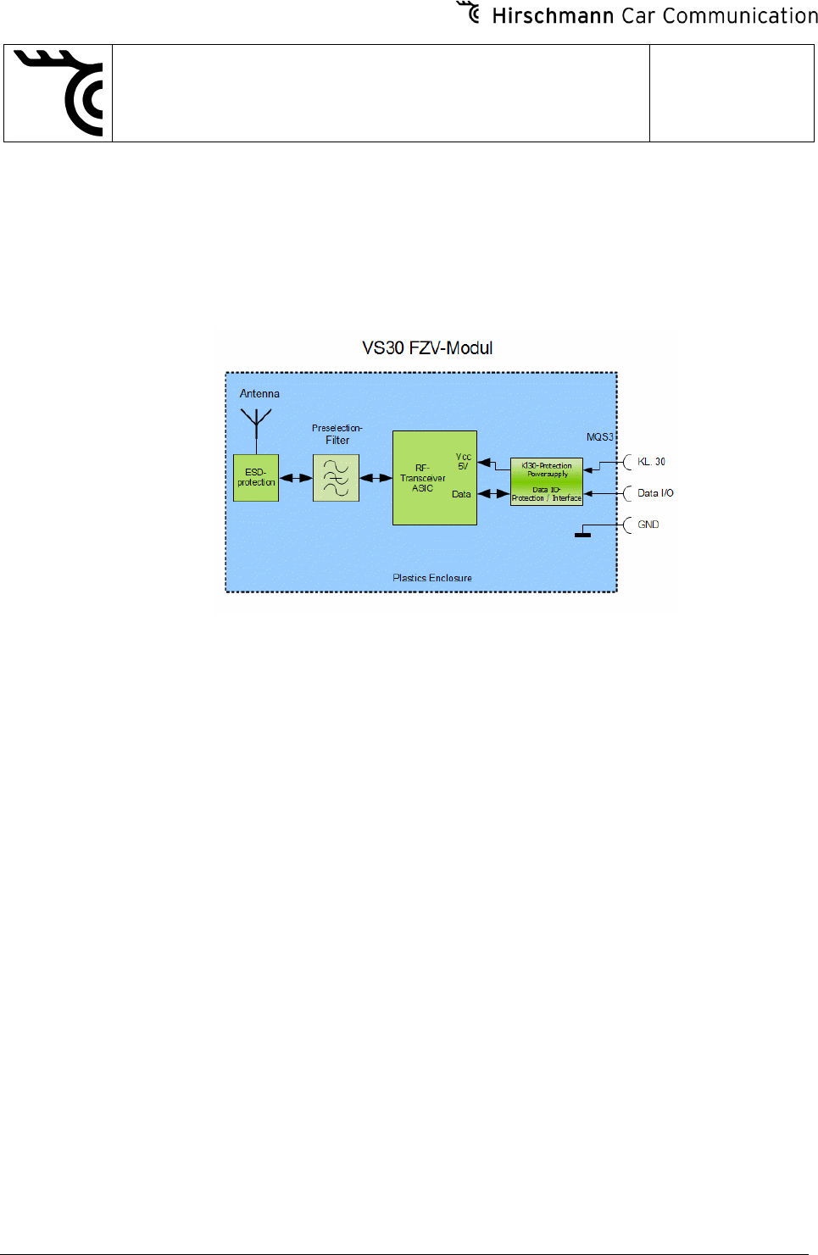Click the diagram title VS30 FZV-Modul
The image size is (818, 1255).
tap(427, 348)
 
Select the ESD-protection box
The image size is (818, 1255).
tap(256, 478)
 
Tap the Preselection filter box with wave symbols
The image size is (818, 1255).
tap(336, 478)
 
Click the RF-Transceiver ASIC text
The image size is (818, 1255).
tap(422, 478)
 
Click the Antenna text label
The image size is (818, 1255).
tap(259, 394)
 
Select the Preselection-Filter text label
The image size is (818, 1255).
tap(337, 434)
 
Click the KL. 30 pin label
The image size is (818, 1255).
tap(651, 462)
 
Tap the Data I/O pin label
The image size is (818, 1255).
tap(655, 493)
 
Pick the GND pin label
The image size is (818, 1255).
tap(648, 525)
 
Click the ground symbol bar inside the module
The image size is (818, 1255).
tap(582, 535)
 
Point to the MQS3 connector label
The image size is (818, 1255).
tap(599, 437)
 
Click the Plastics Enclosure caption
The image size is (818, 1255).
tap(432, 578)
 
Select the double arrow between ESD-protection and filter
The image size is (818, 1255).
tap(296, 478)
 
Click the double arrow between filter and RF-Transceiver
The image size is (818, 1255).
tap(376, 478)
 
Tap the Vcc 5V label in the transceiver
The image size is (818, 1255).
tap(463, 461)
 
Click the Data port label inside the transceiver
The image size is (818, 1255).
tap(461, 494)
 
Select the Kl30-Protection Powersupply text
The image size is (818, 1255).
tap(547, 469)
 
